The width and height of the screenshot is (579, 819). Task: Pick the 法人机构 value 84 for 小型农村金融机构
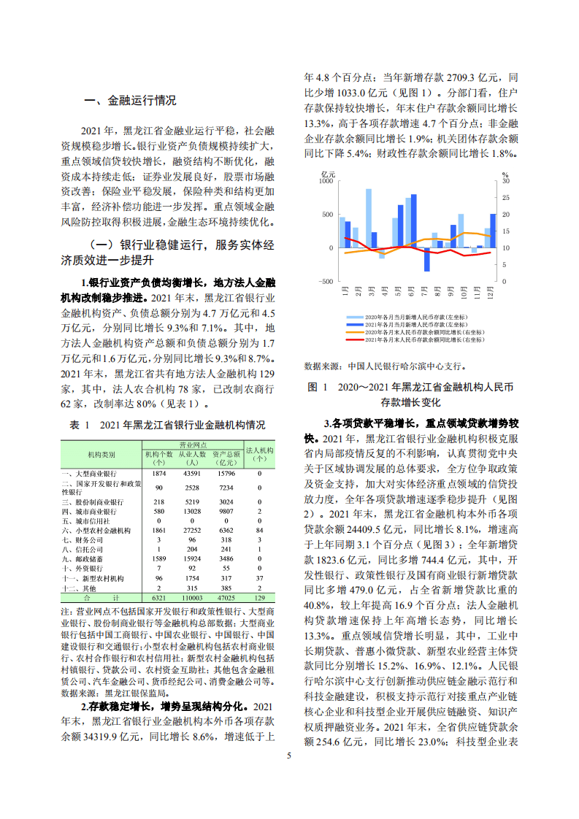[x=258, y=531]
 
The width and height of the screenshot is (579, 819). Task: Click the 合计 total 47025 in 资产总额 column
[x=223, y=597]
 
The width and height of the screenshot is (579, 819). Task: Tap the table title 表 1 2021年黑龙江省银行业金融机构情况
[x=167, y=425]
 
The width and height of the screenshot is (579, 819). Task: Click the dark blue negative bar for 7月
[x=427, y=259]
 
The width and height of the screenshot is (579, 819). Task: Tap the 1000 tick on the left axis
[x=326, y=181]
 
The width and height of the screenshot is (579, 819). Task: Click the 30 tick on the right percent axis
[x=505, y=181]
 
